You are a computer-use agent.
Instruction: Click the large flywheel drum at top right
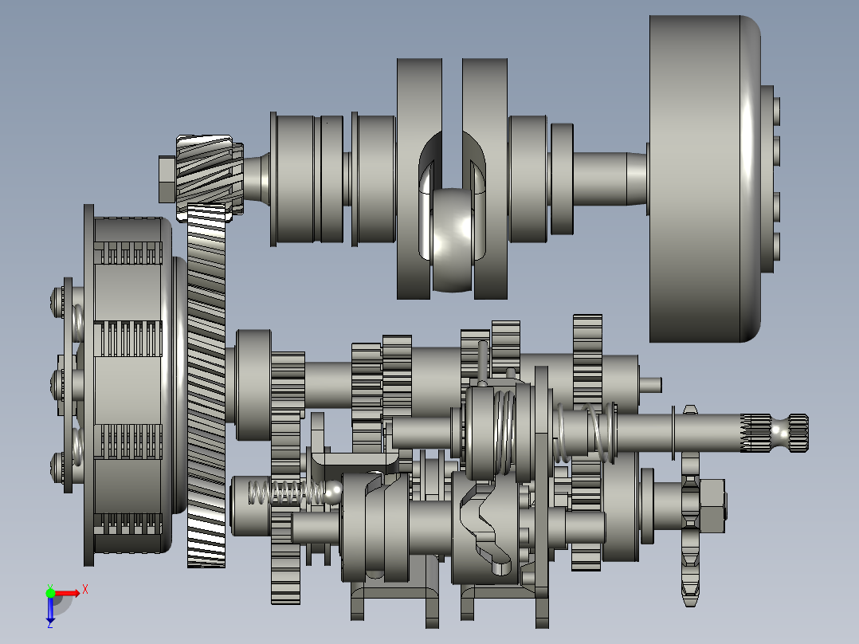[704, 179]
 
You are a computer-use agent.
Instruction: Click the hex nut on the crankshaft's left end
[167, 179]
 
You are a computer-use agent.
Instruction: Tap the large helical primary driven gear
[206, 383]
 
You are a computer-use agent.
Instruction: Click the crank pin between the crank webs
[452, 240]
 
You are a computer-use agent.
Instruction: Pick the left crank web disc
[419, 179]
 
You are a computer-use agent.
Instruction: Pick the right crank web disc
[484, 179]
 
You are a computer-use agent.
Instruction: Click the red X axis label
[85, 590]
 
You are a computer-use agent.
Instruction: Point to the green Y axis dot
[50, 593]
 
